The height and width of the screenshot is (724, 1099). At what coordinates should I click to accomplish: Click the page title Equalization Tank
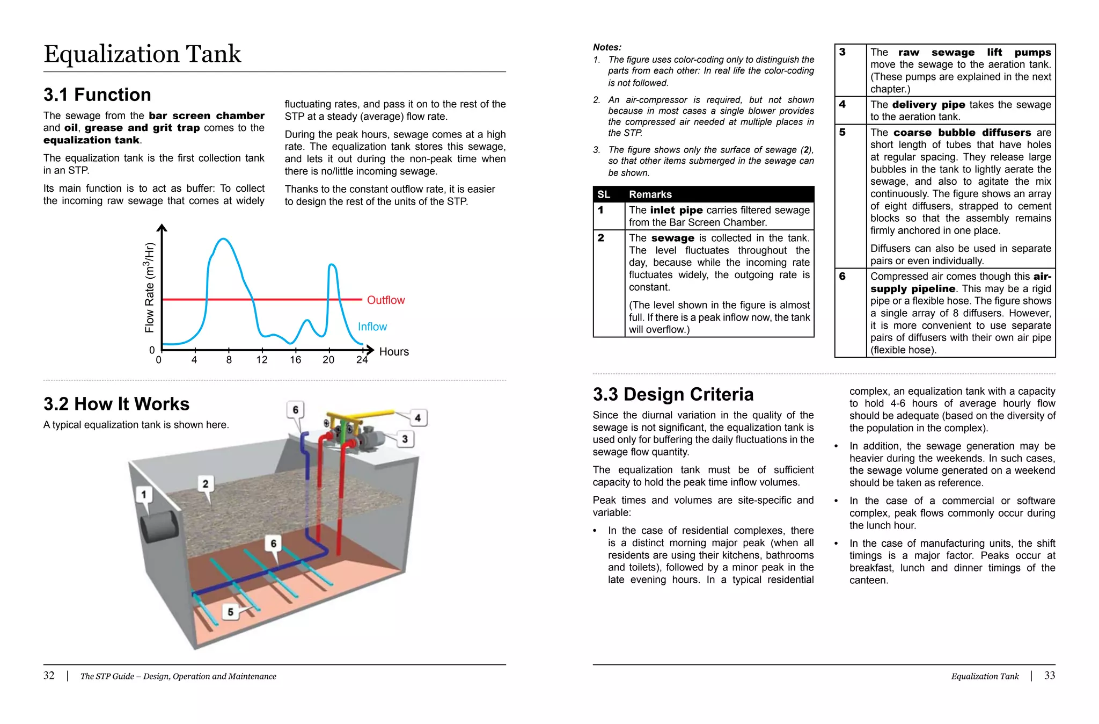coord(142,54)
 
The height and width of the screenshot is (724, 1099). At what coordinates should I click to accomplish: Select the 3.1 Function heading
coord(97,95)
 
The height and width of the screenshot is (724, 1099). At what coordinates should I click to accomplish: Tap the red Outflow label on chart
coord(385,300)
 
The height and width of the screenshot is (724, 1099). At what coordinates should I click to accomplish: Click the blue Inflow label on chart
coord(372,327)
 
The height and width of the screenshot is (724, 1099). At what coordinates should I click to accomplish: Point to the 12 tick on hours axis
coord(262,359)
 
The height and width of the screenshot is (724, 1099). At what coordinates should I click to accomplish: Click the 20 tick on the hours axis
coord(328,359)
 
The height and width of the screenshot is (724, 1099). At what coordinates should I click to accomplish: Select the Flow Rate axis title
coord(149,287)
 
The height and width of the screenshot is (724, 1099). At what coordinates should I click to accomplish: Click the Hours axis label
coord(394,352)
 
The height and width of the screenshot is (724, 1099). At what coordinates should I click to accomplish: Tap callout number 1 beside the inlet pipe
coord(143,494)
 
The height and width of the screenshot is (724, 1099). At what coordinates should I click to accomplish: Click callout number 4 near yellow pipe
coord(417,417)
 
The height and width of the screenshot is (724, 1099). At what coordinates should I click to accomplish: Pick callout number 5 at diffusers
coord(230,611)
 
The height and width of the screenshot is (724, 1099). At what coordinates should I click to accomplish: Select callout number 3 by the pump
coord(405,439)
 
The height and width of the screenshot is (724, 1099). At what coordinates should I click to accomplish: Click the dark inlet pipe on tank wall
coord(158,526)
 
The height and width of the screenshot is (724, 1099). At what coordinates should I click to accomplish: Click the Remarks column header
coord(650,194)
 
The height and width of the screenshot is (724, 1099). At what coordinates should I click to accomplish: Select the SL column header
coord(604,194)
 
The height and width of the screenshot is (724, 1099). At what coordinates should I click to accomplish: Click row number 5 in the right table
coord(842,133)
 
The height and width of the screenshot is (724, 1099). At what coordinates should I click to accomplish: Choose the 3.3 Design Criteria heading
coord(673,394)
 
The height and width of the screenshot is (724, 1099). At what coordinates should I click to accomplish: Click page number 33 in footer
coord(1049,676)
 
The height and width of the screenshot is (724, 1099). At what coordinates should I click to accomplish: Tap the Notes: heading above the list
coord(607,47)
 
